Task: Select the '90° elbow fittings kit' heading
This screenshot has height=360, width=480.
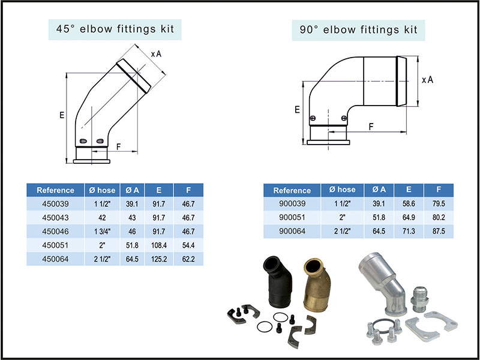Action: tap(358, 29)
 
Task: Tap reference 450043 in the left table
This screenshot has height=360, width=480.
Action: tap(55, 217)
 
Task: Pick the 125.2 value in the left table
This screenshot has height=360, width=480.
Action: tap(159, 259)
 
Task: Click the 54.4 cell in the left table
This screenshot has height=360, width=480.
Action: tap(187, 245)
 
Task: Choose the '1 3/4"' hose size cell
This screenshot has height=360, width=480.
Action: tap(103, 231)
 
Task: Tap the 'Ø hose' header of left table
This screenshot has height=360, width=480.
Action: tap(103, 190)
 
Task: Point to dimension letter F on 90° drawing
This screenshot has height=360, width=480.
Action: tap(372, 126)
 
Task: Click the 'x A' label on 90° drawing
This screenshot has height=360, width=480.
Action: tap(427, 80)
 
